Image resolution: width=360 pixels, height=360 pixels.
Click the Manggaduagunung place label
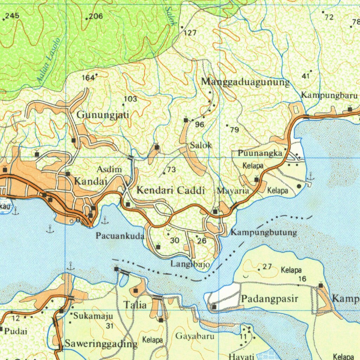pos(245,82)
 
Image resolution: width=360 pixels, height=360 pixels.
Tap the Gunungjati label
pos(103,115)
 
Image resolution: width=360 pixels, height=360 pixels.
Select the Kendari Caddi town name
pos(171,191)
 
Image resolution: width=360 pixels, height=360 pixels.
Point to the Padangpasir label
pos(270,299)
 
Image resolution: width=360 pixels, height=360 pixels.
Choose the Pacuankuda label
pos(120,236)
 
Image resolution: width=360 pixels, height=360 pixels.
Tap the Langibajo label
pos(190,264)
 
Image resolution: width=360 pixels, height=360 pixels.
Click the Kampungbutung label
pos(264,232)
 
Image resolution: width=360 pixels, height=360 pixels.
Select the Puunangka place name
pos(260,154)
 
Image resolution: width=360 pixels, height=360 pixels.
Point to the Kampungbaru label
pos(329,95)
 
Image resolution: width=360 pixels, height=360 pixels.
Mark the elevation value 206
pos(95,16)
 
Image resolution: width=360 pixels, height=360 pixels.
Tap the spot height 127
pos(190,33)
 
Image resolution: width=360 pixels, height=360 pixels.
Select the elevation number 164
pos(88,78)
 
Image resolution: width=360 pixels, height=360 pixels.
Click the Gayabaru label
pos(195,336)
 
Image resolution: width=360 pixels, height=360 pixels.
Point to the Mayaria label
pos(233,191)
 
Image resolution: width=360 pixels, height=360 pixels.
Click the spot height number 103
pos(130,99)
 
